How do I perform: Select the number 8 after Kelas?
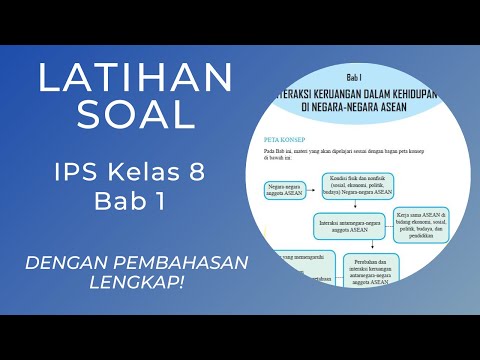(196, 172)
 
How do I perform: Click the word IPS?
(77, 172)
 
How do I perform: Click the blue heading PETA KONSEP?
(285, 139)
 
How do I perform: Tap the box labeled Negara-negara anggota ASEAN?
(288, 190)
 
